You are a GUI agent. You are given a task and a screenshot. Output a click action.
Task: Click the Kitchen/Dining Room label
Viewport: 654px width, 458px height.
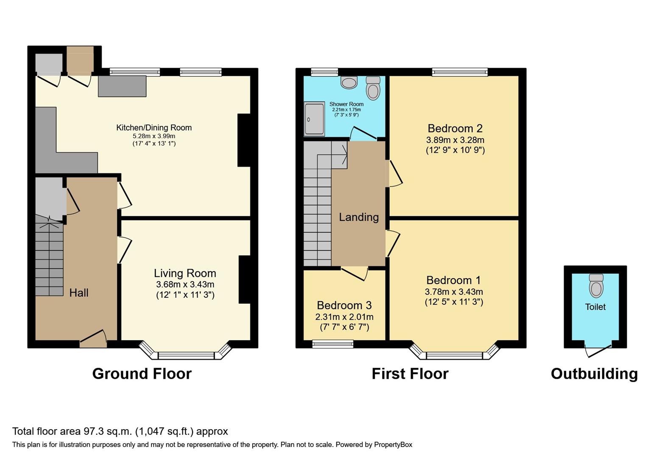(154, 128)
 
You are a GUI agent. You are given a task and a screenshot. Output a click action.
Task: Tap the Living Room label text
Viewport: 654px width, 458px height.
(185, 274)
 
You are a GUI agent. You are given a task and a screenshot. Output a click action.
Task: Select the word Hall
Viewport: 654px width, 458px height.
(79, 293)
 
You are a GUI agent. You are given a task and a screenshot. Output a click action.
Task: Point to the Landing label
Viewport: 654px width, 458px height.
(359, 217)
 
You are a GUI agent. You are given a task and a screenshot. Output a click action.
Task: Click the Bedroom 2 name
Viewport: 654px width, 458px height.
(455, 128)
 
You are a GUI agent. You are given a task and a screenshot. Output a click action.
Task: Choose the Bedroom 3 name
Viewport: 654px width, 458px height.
(344, 305)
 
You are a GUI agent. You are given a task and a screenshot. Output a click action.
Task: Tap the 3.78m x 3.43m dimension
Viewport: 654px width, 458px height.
(454, 292)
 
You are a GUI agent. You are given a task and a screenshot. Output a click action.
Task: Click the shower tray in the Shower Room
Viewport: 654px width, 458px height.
(314, 119)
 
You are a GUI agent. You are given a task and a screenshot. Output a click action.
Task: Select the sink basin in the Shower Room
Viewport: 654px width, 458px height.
(349, 82)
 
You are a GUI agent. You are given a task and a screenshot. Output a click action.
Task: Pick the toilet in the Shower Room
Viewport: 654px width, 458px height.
(373, 88)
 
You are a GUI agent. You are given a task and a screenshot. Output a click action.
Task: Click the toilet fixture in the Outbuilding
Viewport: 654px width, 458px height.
(596, 286)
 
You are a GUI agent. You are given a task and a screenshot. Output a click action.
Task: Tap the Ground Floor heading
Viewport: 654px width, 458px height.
(142, 374)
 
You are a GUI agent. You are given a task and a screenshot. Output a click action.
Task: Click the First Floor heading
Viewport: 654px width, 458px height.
(410, 374)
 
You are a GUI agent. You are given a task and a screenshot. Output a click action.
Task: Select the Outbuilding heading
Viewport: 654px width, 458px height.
(594, 374)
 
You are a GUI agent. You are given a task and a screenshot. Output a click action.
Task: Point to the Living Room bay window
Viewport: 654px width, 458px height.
(186, 355)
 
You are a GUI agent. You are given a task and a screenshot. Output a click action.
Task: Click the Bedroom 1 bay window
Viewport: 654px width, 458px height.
(454, 355)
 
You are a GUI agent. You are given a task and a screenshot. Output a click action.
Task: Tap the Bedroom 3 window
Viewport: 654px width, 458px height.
(333, 344)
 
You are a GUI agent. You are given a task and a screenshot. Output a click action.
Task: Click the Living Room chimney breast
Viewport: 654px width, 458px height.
(244, 279)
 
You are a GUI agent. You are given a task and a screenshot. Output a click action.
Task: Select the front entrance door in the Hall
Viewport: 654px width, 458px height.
(93, 339)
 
